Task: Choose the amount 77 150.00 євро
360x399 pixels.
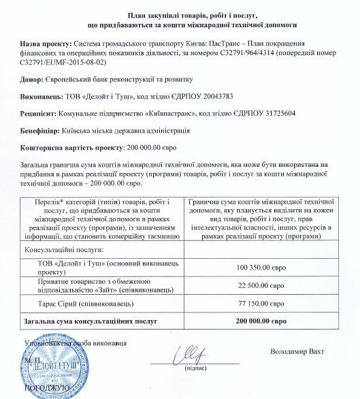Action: (267, 304)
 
